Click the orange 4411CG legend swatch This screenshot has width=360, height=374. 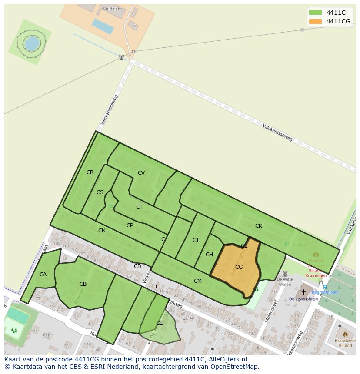click(315, 21)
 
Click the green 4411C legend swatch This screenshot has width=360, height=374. click(315, 13)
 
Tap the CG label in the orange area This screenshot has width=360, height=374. click(239, 267)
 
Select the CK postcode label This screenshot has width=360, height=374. click(259, 226)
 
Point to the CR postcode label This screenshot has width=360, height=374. click(90, 172)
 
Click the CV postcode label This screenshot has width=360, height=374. click(141, 173)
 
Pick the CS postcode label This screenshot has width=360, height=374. click(100, 192)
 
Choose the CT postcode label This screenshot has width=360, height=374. click(139, 207)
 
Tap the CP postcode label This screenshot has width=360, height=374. click(130, 225)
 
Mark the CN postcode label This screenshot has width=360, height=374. click(102, 231)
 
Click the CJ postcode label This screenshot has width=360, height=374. click(195, 240)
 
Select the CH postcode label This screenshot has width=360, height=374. click(209, 255)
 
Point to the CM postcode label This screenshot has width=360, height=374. click(198, 281)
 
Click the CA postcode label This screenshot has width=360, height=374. click(43, 275)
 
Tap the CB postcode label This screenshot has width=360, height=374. click(83, 285)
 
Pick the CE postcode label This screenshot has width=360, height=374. click(159, 323)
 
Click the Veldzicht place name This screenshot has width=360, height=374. click(112, 9)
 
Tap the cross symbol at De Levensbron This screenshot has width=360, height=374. click(303, 292)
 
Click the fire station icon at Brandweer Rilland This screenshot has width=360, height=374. click(345, 335)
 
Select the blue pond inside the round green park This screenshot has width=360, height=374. click(31, 43)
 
